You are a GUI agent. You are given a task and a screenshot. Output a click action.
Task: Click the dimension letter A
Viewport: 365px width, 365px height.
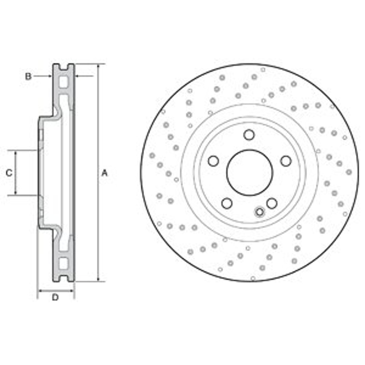(104, 173)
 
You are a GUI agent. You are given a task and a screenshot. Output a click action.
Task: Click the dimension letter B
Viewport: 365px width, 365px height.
(28, 76)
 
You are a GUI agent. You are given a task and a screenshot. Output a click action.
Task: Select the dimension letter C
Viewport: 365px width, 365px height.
(9, 173)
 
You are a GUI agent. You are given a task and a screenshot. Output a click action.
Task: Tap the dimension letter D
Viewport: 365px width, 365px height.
(55, 297)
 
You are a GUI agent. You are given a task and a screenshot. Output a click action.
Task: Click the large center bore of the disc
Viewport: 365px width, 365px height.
(249, 172)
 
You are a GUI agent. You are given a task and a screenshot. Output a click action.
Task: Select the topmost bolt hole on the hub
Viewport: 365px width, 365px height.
(249, 135)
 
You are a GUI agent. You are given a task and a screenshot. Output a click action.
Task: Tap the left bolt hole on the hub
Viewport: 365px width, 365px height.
(213, 161)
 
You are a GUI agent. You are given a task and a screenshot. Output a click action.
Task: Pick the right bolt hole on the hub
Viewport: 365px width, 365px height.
(286, 161)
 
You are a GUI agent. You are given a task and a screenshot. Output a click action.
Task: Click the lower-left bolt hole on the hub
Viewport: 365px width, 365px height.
(227, 203)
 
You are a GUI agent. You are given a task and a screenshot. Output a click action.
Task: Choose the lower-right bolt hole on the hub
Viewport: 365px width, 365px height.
(272, 203)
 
